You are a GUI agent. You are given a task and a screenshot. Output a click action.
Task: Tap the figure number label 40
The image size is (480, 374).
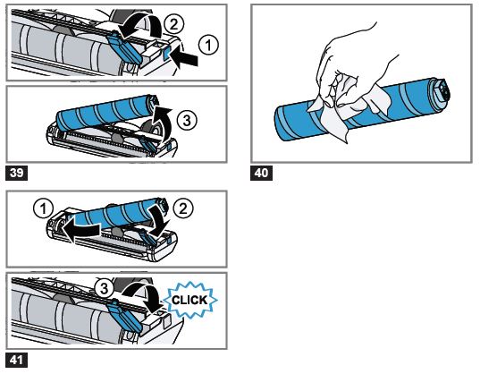tap(263, 171)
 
